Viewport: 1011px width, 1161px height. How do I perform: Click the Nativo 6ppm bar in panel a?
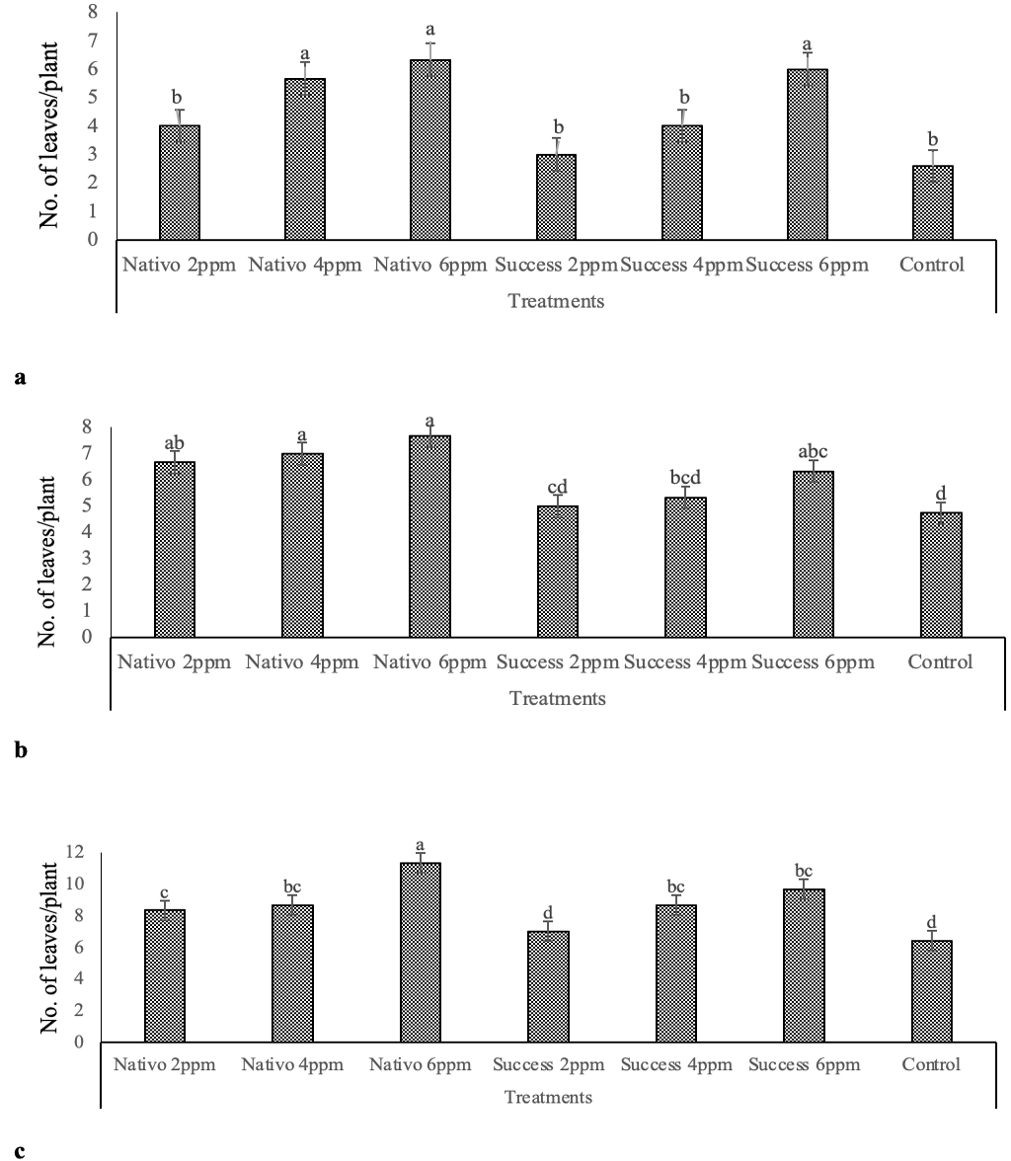pos(429,150)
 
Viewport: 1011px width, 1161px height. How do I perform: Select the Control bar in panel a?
pos(932,202)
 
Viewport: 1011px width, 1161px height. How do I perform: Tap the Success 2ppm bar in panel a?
pos(556,197)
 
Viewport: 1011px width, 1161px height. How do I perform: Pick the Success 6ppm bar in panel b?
pos(814,554)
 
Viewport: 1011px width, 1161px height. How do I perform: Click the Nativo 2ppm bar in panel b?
pos(175,549)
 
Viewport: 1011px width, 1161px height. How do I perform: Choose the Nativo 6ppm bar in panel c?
pos(421,952)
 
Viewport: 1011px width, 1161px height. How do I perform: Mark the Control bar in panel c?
pos(932,991)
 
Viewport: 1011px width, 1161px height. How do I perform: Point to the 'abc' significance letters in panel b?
pos(813,452)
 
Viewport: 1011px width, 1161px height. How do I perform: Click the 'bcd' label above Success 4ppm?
pos(685,477)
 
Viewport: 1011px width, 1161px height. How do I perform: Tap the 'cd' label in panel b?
pos(558,487)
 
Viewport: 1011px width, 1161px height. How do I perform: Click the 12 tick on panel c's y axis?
pos(75,851)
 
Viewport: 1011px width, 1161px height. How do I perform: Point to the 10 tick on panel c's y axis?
pos(75,884)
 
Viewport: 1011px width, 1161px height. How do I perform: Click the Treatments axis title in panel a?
pos(556,301)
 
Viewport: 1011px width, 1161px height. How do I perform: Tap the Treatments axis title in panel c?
pos(548,1097)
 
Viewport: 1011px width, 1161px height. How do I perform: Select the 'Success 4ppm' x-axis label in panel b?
pos(685,661)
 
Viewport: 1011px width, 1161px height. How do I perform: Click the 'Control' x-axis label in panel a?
pos(932,265)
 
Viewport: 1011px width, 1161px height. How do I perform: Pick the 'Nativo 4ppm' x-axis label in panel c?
pos(292,1064)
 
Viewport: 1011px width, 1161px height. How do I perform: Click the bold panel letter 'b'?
pos(21,750)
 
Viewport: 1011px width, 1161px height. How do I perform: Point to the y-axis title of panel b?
pos(46,561)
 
